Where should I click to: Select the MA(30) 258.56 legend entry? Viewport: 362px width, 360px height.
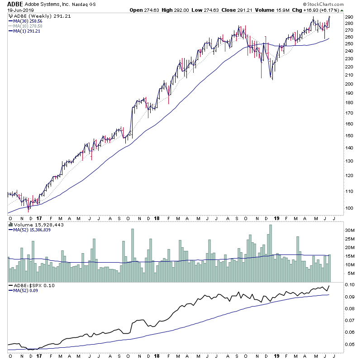(28, 21)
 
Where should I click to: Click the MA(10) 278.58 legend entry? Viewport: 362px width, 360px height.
(28, 26)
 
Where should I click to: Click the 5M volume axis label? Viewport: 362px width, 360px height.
(339, 274)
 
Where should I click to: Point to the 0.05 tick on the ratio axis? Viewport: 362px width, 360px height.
(341, 345)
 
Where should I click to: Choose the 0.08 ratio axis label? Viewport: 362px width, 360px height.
(341, 309)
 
